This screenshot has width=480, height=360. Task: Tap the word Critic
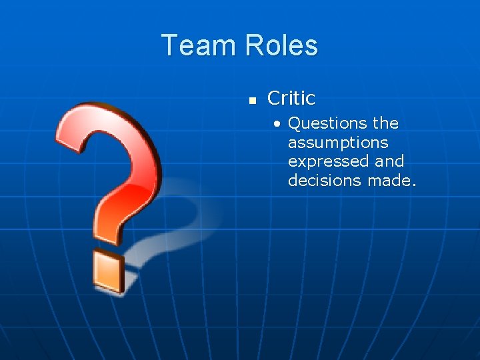coord(291,99)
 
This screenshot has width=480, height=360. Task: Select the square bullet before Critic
coord(252,101)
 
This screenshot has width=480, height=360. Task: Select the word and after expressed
coord(389,161)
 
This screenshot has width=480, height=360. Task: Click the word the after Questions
coord(386,123)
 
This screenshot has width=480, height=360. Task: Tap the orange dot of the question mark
coord(109,271)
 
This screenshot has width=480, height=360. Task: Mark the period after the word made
coord(413,185)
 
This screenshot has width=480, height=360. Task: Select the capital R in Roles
coord(253,45)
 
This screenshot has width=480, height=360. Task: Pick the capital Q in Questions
coord(295,124)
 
